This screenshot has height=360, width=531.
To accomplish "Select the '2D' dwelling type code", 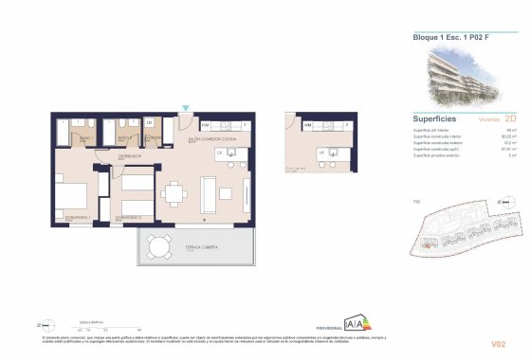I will coord(511,120).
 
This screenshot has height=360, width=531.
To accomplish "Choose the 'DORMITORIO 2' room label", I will coord(129,218).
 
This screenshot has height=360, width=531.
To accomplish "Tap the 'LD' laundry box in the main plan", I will coord(151,122).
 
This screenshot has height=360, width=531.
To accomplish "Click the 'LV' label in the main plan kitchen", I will coord(219,152).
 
